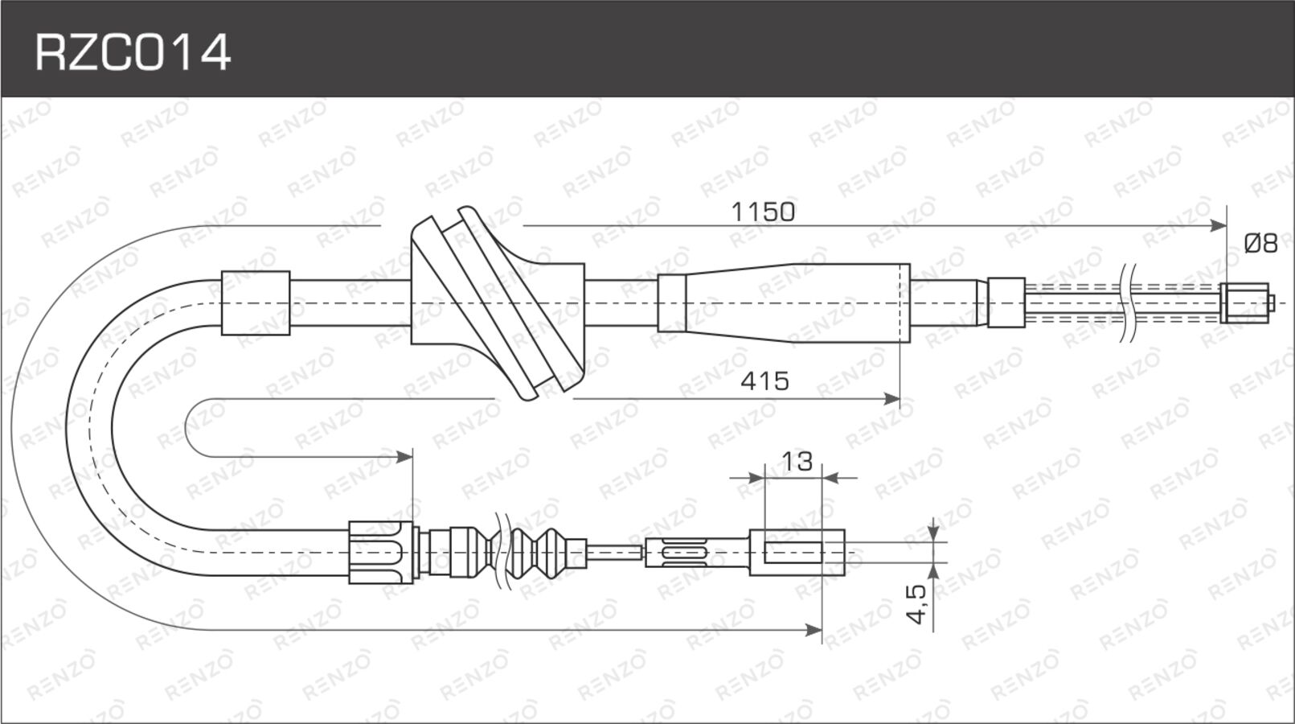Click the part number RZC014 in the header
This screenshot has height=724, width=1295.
(133, 52)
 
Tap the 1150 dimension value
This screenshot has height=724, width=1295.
(763, 212)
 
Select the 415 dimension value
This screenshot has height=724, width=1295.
(764, 381)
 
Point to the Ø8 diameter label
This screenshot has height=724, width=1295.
(1261, 244)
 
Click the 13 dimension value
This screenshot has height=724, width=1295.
(797, 462)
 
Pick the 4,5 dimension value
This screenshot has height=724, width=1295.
(916, 604)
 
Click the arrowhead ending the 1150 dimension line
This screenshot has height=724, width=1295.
(1219, 226)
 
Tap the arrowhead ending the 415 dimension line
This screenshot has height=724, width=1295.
(892, 399)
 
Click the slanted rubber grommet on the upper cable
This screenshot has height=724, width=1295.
(498, 303)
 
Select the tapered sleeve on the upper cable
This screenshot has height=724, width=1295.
(784, 303)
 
